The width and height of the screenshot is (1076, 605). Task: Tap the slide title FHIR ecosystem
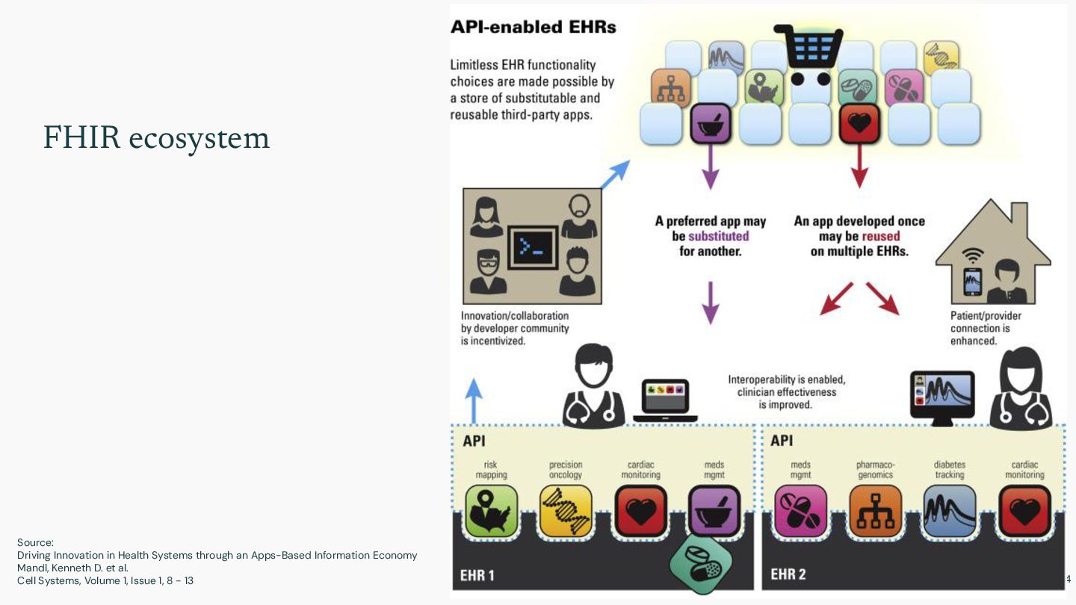pyautogui.click(x=156, y=138)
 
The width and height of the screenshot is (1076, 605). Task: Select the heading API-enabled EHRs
pyautogui.click(x=533, y=28)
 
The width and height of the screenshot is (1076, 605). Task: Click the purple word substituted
pyautogui.click(x=718, y=236)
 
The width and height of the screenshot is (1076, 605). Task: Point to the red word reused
pyautogui.click(x=880, y=236)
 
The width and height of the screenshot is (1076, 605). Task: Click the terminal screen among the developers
pyautogui.click(x=532, y=247)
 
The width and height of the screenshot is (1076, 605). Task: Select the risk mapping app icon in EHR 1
pyautogui.click(x=491, y=512)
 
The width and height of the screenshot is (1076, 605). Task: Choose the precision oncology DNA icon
pyautogui.click(x=566, y=512)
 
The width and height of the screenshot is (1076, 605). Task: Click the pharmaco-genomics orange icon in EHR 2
pyautogui.click(x=875, y=512)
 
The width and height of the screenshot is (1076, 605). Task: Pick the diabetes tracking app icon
pyautogui.click(x=950, y=512)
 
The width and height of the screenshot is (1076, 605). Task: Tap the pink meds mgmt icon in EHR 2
pyautogui.click(x=800, y=512)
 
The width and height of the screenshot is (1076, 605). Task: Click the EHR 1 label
pyautogui.click(x=477, y=575)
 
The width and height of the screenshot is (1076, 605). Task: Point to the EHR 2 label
pyautogui.click(x=788, y=575)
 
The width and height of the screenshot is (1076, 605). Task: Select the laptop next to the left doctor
pyautogui.click(x=665, y=400)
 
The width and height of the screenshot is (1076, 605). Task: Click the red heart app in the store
pyautogui.click(x=859, y=124)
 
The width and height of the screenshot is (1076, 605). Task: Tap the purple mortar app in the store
pyautogui.click(x=710, y=124)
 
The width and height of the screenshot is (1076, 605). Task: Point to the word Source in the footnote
pyautogui.click(x=35, y=542)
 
